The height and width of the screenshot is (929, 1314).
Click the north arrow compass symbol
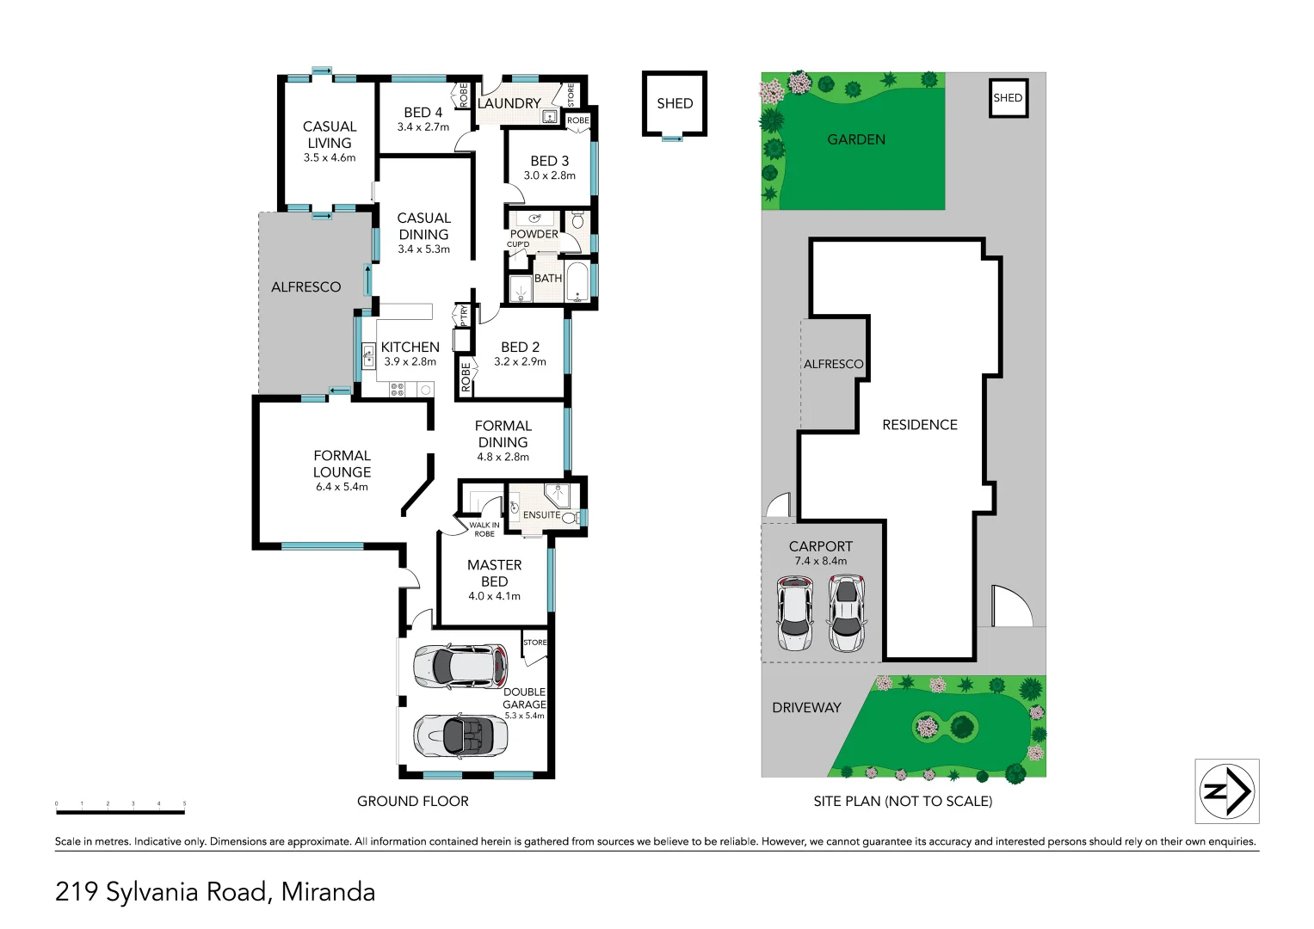point(1226,791)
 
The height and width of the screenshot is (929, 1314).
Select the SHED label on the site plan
point(1008,98)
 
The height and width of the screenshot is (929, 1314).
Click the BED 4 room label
point(423,113)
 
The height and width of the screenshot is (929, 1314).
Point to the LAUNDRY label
point(509,103)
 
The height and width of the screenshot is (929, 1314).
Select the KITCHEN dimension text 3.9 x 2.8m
point(410,362)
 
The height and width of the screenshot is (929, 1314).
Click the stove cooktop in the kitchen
point(397,390)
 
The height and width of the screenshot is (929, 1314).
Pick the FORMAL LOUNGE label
point(342,464)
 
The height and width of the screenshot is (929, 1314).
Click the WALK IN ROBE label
point(484,529)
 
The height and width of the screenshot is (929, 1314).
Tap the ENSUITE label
point(541,515)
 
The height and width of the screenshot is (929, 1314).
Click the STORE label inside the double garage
point(534,643)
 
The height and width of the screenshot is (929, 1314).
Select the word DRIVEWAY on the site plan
point(806,708)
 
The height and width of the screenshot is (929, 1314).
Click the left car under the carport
point(794,613)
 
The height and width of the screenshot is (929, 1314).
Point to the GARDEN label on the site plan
point(855,139)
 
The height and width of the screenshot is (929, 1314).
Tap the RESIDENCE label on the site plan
point(919,425)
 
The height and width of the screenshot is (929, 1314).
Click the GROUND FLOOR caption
point(412,802)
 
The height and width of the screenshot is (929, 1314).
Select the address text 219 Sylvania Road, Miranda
point(215,892)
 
